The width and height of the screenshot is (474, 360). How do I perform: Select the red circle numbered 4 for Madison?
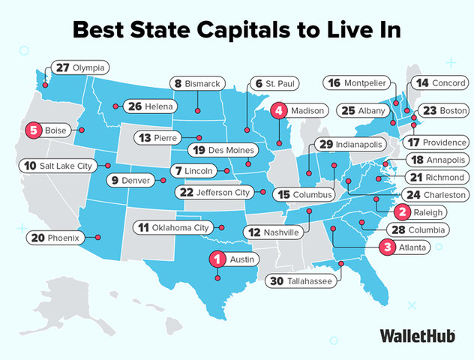tap(280, 111)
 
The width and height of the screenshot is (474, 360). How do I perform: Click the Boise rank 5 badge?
tap(32, 130)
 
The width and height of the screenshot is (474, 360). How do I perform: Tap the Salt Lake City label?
tap(59, 165)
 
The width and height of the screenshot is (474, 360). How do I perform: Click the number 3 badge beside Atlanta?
tap(387, 247)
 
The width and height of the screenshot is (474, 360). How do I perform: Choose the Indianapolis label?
tap(349, 144)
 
